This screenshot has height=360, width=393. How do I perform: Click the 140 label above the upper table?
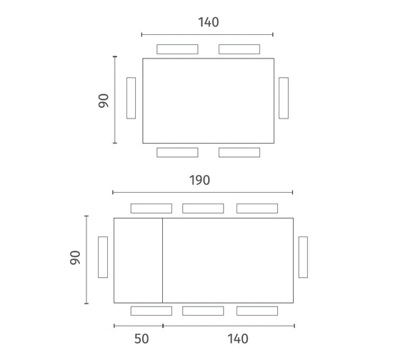[209, 22]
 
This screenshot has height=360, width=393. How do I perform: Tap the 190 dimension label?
[199, 180]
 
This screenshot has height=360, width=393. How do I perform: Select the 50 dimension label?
[141, 339]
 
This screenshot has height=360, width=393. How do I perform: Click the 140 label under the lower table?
[238, 339]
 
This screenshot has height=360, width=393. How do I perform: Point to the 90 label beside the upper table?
[104, 101]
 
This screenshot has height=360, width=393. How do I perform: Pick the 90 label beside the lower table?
[75, 258]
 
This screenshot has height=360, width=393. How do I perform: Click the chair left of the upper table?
[131, 98]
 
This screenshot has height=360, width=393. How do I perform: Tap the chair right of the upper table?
[284, 98]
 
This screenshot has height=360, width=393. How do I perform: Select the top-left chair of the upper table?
[177, 49]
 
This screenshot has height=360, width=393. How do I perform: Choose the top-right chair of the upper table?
[239, 49]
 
